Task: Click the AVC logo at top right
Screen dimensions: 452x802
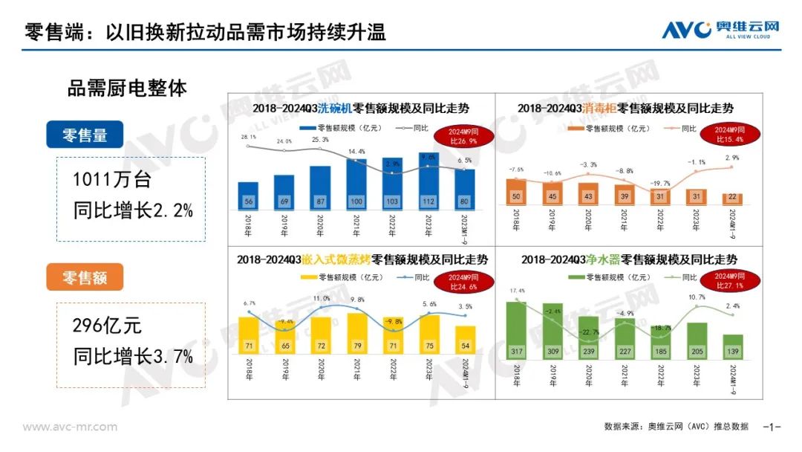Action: [x=721, y=29]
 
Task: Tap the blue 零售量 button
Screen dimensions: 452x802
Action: [x=84, y=135]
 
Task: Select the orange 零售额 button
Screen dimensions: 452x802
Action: [x=84, y=277]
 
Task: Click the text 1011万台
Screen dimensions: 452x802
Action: [x=111, y=181]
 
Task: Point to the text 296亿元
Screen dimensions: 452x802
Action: [x=107, y=326]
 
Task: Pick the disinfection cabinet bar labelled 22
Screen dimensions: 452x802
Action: [x=731, y=197]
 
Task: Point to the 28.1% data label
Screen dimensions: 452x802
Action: [x=248, y=137]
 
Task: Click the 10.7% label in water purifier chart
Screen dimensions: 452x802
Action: [x=696, y=297]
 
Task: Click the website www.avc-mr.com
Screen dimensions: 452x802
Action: [x=70, y=427]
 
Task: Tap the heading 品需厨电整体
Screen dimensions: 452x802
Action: [x=127, y=88]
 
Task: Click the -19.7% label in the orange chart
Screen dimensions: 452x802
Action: [x=659, y=183]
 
